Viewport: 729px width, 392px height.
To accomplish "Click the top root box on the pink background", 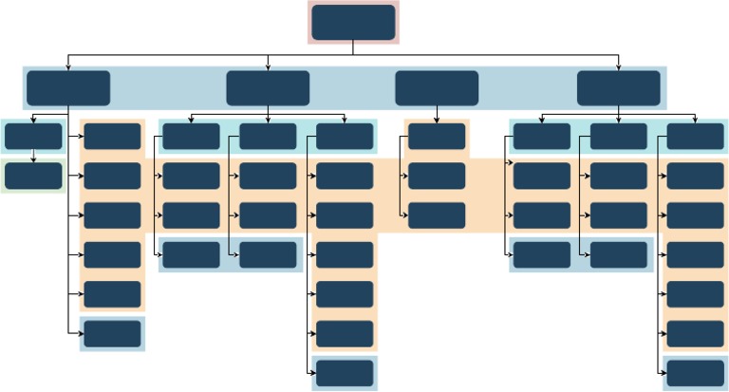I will pos(353,23).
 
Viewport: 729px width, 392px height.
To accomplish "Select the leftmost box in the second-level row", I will pos(68,88).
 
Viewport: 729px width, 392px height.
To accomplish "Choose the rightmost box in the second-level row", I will pos(618,88).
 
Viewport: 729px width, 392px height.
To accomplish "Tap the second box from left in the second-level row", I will pos(268,88).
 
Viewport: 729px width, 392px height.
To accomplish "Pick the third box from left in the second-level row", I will pos(437,88).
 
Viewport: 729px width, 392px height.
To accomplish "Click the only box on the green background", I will pos(33,176).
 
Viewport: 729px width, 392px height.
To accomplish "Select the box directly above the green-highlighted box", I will pos(33,137).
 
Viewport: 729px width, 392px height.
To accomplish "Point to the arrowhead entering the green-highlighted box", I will pos(33,159).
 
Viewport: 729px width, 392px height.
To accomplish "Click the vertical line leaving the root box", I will pos(353,47).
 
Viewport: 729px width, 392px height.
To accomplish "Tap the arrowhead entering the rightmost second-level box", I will pos(618,67).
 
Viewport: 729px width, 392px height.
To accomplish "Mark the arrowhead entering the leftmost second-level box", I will pos(68,67).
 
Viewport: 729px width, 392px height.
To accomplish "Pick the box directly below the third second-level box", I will pos(437,137).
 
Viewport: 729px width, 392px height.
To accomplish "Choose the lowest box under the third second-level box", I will pos(437,215).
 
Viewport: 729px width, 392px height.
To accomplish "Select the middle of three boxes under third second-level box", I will pos(437,176).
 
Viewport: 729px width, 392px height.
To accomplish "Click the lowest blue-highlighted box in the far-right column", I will pos(695,373).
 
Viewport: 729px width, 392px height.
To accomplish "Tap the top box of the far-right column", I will pos(695,137).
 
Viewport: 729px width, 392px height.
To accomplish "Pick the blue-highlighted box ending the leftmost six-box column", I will pos(112,334).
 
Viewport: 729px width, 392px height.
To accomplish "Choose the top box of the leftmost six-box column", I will pos(112,137).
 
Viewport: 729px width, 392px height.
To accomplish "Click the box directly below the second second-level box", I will pos(268,137).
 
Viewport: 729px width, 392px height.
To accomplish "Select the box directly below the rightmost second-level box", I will pos(618,137).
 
